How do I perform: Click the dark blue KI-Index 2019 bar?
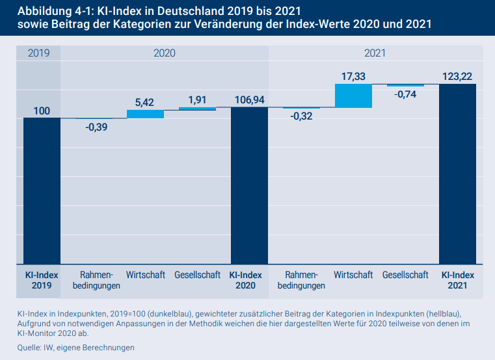(x=42, y=190)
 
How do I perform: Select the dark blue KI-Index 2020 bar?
(x=250, y=185)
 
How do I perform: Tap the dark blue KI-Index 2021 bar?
(x=457, y=173)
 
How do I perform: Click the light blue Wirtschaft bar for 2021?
(x=353, y=96)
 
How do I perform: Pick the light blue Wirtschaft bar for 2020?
(x=146, y=114)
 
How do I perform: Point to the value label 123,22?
(x=457, y=77)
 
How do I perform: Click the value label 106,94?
(x=250, y=100)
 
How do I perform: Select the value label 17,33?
(x=353, y=77)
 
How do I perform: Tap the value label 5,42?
(x=146, y=103)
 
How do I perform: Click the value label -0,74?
(x=405, y=94)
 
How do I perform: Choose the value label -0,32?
(x=301, y=116)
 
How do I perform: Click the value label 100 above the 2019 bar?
(x=42, y=111)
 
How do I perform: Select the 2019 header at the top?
(x=38, y=53)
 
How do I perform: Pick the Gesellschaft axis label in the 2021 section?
(x=405, y=275)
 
